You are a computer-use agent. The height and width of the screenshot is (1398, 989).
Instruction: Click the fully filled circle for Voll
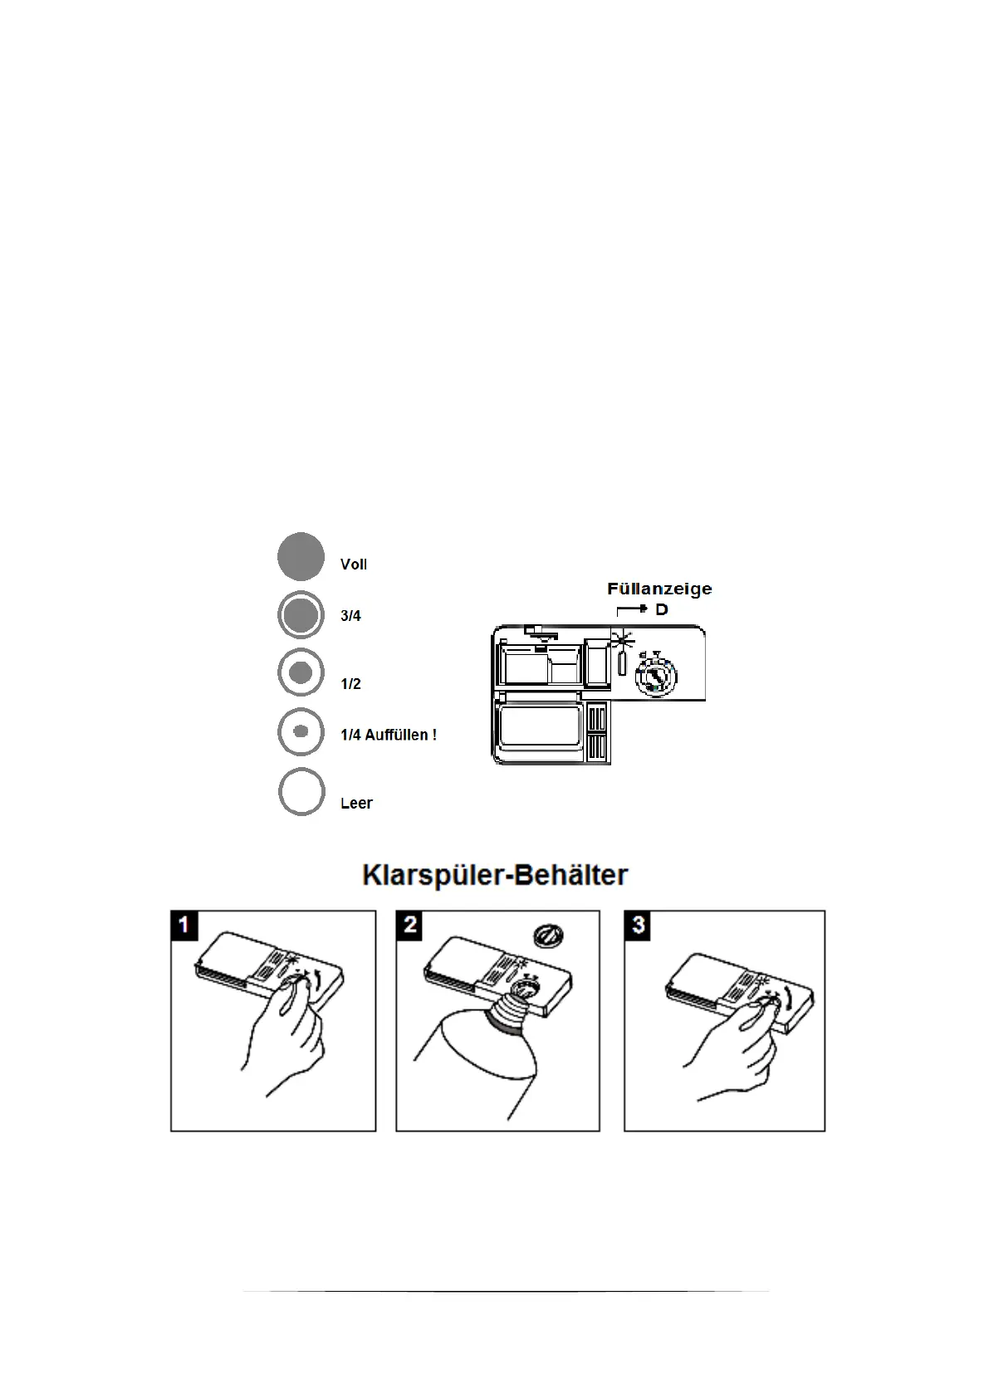[301, 556]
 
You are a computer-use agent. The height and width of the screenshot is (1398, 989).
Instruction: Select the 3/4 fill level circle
[301, 615]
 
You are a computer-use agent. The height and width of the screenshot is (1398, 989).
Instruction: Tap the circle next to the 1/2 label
[301, 672]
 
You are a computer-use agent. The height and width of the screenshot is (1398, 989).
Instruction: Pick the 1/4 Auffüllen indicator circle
[301, 731]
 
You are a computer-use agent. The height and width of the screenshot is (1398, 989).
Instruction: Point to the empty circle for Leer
[301, 792]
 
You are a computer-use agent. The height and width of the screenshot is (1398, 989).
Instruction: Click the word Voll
[354, 565]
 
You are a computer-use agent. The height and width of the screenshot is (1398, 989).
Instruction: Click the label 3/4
[350, 616]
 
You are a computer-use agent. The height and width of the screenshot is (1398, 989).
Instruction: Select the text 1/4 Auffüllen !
[389, 735]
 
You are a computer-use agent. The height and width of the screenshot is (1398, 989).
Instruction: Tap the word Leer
[356, 803]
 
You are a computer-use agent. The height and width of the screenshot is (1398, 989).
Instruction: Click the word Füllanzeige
[659, 589]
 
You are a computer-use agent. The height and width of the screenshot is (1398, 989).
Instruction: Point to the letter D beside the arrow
[662, 610]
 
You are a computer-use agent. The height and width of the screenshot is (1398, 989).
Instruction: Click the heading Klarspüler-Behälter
[495, 875]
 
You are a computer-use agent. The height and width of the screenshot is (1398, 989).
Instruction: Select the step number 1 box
[184, 925]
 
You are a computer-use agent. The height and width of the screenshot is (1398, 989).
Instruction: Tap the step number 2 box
[410, 925]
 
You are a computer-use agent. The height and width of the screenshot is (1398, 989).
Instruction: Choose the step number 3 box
[638, 925]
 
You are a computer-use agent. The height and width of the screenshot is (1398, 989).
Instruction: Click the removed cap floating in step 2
[547, 936]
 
